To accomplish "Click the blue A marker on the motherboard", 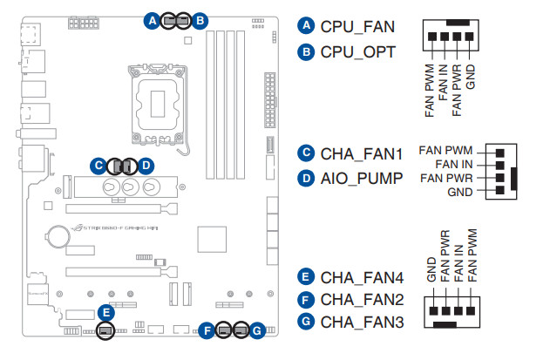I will click(153, 18).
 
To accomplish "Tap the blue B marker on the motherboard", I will click(200, 18).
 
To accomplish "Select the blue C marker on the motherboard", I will click(99, 164).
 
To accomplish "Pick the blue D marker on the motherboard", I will click(146, 164).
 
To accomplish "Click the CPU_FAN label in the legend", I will click(357, 26).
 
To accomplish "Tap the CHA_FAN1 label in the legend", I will click(362, 154).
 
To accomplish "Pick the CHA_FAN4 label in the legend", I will click(362, 279).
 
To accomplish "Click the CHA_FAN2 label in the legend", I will click(362, 300).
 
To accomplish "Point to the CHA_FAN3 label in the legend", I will click(362, 322).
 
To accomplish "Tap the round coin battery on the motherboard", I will click(58, 235).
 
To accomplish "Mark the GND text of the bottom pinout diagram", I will click(431, 269).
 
